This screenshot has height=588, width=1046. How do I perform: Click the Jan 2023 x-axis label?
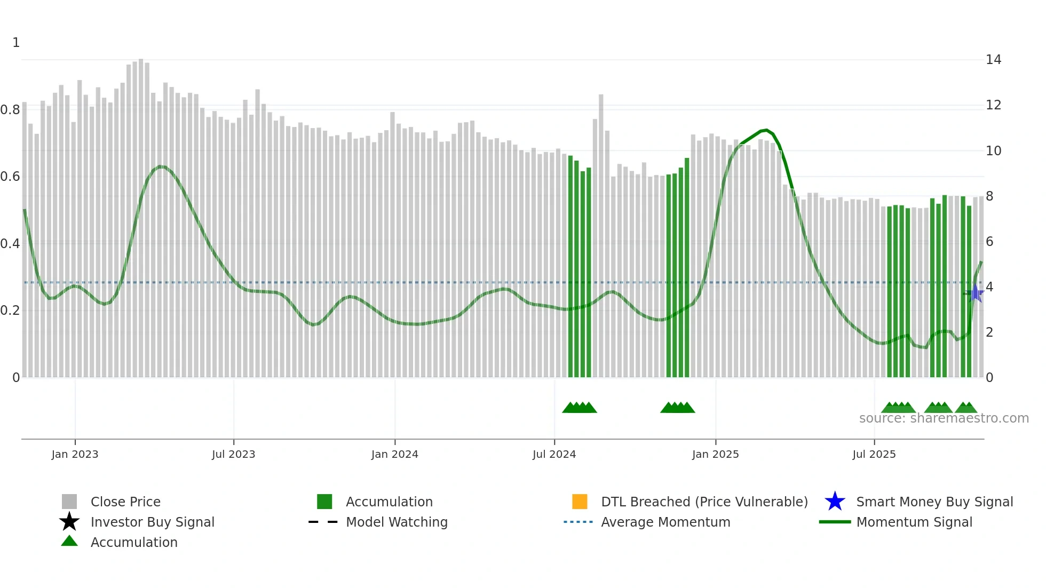click(75, 454)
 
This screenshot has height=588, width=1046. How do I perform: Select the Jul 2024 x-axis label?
click(554, 454)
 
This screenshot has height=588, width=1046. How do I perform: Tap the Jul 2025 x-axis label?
click(874, 454)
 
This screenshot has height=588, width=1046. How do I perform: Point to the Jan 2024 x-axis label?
click(394, 454)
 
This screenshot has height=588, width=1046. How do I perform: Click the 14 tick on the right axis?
click(993, 60)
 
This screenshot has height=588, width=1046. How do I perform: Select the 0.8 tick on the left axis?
click(10, 110)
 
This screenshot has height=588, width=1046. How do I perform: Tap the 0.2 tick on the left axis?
click(10, 311)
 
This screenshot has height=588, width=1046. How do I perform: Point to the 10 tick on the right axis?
click(993, 151)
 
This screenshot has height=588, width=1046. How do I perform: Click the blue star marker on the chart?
click(976, 293)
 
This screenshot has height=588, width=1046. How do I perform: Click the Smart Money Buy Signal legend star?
click(835, 502)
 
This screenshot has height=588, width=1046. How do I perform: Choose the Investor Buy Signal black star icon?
click(69, 522)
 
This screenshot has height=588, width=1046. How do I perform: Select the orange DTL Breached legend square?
click(580, 502)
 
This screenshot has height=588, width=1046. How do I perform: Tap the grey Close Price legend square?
click(69, 502)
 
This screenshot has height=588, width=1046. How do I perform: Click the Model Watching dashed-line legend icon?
click(323, 522)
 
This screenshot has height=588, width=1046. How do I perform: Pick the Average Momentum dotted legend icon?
click(579, 522)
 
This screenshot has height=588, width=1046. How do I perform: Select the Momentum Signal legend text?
click(914, 522)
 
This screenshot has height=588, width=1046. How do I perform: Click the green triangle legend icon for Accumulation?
click(69, 541)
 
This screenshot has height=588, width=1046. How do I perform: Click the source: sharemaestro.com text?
click(944, 418)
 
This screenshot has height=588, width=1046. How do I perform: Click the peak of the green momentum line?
click(766, 130)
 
